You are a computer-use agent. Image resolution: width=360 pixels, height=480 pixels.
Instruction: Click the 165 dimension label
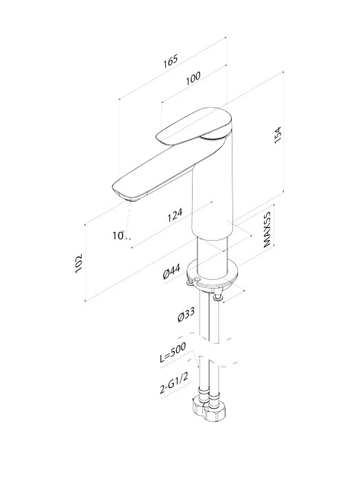click(x=170, y=61)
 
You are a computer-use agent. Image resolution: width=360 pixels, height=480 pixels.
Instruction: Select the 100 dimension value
click(x=193, y=78)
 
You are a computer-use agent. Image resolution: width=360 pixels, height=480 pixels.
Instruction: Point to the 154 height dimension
click(x=277, y=135)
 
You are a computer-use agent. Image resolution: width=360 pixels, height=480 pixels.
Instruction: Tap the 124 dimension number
click(x=175, y=215)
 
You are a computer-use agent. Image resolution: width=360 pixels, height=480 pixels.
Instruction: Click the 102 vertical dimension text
click(x=79, y=263)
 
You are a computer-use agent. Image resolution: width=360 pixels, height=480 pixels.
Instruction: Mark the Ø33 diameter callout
click(x=186, y=315)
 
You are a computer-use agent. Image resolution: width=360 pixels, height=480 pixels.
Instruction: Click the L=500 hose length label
click(x=173, y=352)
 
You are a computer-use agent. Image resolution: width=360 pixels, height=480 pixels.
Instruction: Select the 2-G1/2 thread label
click(x=174, y=384)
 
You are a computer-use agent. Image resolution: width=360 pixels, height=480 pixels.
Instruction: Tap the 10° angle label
click(x=119, y=235)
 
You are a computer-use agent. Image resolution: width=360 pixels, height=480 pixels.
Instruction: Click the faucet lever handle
click(x=194, y=126)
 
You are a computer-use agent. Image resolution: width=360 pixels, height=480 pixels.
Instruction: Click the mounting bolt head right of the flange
click(x=217, y=297)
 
